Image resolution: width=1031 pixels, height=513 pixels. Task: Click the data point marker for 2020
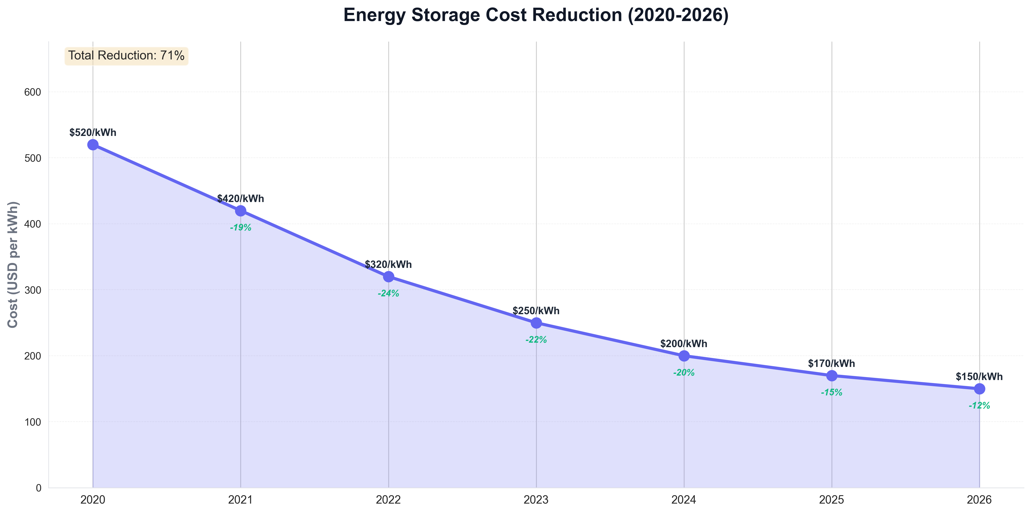pos(93,145)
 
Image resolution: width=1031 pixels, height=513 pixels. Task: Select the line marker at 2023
pos(536,323)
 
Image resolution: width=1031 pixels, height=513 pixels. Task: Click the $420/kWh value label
pos(241,199)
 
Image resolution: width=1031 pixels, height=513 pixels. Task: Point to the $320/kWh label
pos(388,264)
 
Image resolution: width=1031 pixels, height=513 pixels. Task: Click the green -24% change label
pos(388,294)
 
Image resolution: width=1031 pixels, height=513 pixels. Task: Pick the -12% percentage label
pos(979,406)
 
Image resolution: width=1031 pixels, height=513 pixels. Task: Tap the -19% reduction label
pos(241,228)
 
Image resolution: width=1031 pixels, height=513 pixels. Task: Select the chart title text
pos(536,15)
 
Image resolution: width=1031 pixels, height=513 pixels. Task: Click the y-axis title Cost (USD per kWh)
pos(13,264)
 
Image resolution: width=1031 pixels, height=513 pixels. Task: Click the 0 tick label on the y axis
pos(38,488)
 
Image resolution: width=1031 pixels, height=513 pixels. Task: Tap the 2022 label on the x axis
pos(388,500)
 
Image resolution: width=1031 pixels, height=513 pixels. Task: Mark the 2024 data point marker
pos(684,356)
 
